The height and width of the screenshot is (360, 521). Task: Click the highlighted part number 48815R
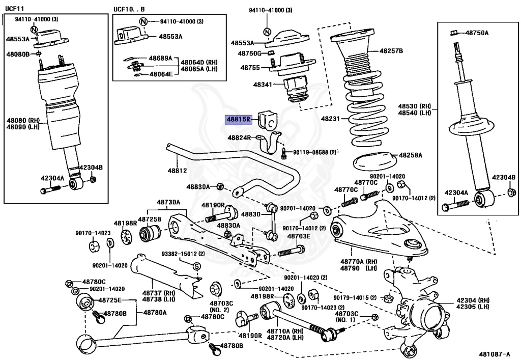point(239,120)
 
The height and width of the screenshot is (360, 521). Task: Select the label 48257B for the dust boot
point(391,51)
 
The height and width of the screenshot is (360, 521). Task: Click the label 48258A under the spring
point(412,154)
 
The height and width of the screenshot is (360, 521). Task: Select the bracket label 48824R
point(239,138)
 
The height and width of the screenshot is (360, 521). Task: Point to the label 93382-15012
point(183,254)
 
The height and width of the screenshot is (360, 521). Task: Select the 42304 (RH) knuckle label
point(472,300)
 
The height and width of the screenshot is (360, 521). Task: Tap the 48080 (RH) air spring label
point(22,120)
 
